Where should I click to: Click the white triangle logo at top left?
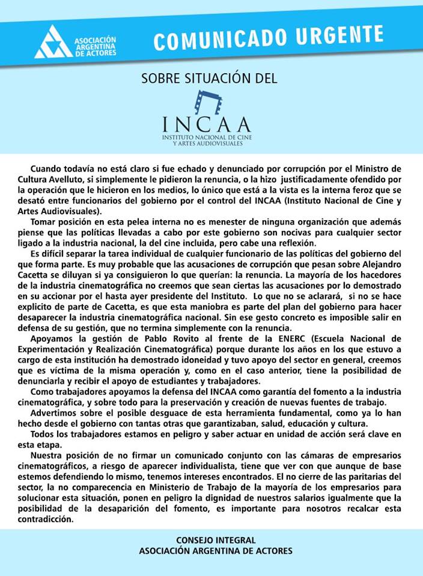pyautogui.click(x=53, y=43)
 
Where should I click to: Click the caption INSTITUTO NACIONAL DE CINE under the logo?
pyautogui.click(x=206, y=138)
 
